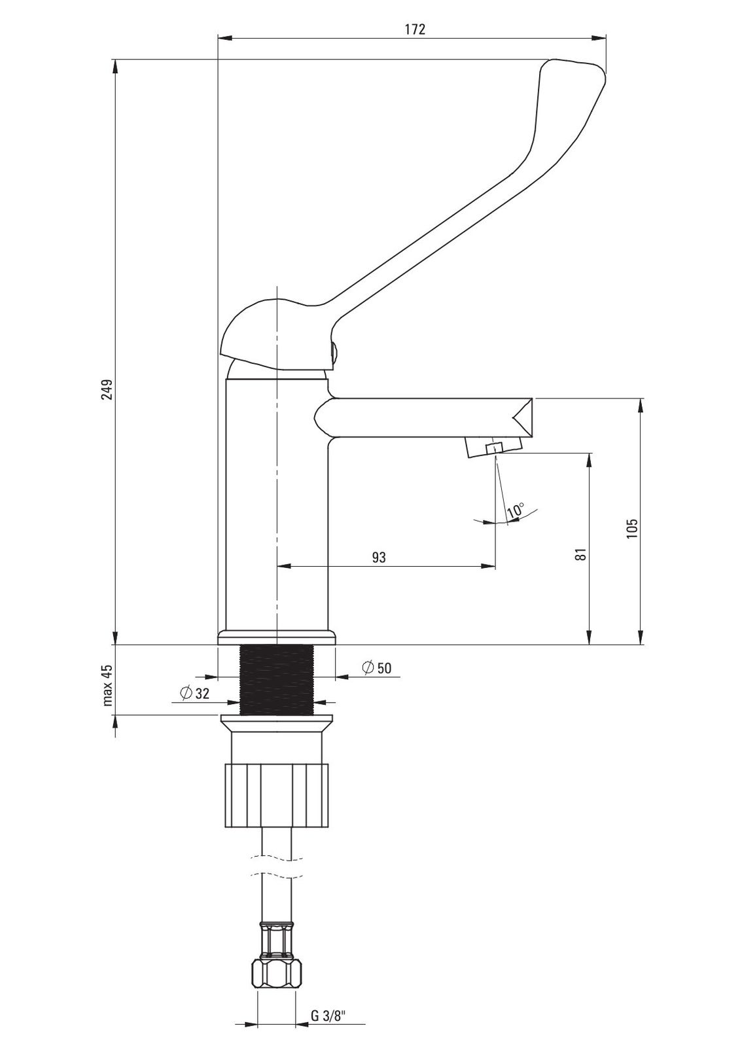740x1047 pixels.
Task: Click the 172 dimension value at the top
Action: coord(415,29)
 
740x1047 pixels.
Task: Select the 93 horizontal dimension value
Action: coord(379,557)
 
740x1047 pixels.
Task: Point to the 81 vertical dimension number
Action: coord(581,554)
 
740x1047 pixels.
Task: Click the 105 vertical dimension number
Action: coord(632,528)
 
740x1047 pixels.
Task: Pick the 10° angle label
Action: coord(516,510)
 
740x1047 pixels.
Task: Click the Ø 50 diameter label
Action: coord(377,668)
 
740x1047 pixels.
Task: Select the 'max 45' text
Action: coord(108,684)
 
